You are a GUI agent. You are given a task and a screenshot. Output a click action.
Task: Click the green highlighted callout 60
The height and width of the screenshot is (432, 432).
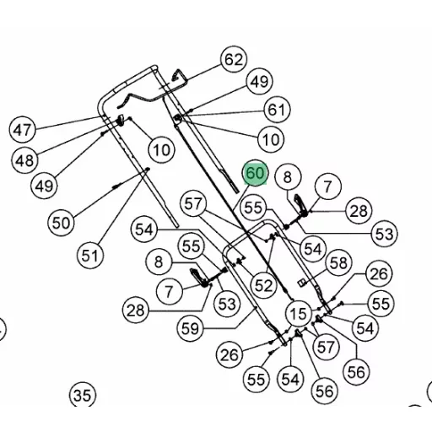click(x=255, y=173)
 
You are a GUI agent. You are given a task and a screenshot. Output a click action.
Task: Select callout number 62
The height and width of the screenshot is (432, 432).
click(x=234, y=59)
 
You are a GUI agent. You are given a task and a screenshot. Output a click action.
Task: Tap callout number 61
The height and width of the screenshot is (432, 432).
click(x=277, y=110)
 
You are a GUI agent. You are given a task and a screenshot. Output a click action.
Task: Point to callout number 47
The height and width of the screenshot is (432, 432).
click(x=23, y=130)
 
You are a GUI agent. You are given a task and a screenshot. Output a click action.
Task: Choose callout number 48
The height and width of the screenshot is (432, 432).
click(x=24, y=160)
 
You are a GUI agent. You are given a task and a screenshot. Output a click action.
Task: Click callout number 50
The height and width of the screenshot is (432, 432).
click(x=61, y=223)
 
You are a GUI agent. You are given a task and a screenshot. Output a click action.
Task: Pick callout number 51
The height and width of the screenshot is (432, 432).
click(x=90, y=256)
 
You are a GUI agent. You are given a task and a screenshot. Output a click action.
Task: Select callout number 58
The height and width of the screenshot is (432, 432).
click(x=338, y=263)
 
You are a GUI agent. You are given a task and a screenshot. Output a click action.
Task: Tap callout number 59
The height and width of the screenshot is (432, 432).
click(x=191, y=328)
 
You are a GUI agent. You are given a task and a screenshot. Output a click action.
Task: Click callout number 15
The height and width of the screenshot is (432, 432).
click(x=299, y=313)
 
